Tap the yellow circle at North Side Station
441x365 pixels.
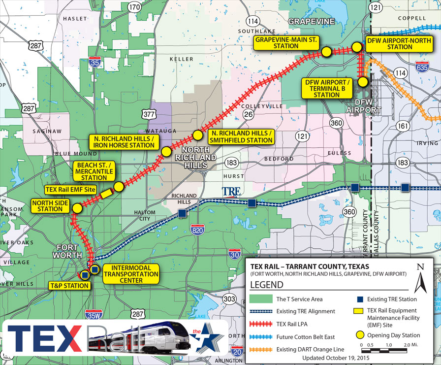click(76, 208)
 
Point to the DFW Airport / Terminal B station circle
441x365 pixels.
click(363, 82)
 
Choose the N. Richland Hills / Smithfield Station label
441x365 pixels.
click(240, 137)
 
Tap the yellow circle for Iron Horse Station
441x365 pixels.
click(166, 151)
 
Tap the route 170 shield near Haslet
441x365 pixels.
click(134, 7)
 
